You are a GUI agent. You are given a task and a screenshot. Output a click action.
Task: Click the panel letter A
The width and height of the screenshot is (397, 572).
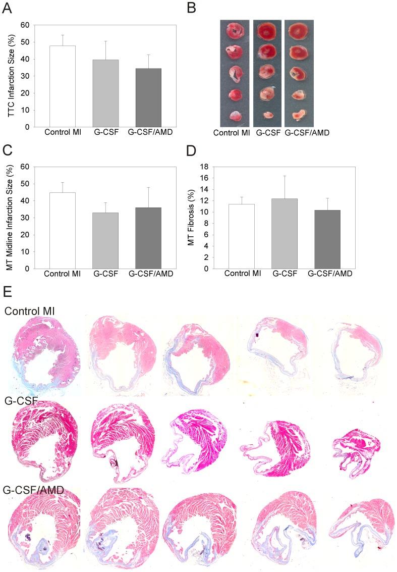click(x=8, y=8)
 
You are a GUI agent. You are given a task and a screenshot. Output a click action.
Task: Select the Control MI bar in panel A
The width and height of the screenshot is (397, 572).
click(x=62, y=86)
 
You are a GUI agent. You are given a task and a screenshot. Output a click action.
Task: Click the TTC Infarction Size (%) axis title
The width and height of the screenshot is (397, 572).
click(x=11, y=76)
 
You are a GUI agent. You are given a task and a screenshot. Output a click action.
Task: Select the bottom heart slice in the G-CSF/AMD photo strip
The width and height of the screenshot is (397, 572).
click(x=299, y=116)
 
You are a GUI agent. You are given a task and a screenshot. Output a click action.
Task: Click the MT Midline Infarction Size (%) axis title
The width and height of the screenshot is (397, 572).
click(x=11, y=217)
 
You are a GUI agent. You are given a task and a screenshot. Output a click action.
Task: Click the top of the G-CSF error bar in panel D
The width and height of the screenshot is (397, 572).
click(x=284, y=176)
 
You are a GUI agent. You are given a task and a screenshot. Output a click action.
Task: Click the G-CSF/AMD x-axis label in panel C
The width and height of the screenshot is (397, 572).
click(x=148, y=274)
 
